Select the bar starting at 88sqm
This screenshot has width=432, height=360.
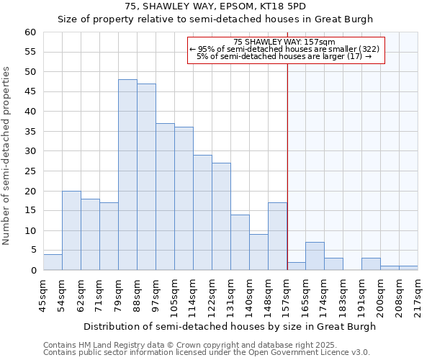[x=146, y=177]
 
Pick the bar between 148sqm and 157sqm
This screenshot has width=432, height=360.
[x=277, y=236]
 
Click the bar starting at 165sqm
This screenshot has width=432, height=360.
[x=315, y=256]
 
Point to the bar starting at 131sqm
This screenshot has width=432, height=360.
[x=240, y=243]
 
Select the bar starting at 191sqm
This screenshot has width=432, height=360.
[x=371, y=264]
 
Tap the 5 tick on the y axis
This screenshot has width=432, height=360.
[x=32, y=251]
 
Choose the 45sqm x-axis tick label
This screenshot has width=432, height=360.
[x=42, y=294]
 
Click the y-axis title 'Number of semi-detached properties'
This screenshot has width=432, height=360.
[x=7, y=155]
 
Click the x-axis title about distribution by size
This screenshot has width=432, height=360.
[x=230, y=326]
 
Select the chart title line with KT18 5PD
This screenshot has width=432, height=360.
[x=215, y=6]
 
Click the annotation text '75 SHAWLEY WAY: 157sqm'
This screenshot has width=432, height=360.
[x=285, y=42]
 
